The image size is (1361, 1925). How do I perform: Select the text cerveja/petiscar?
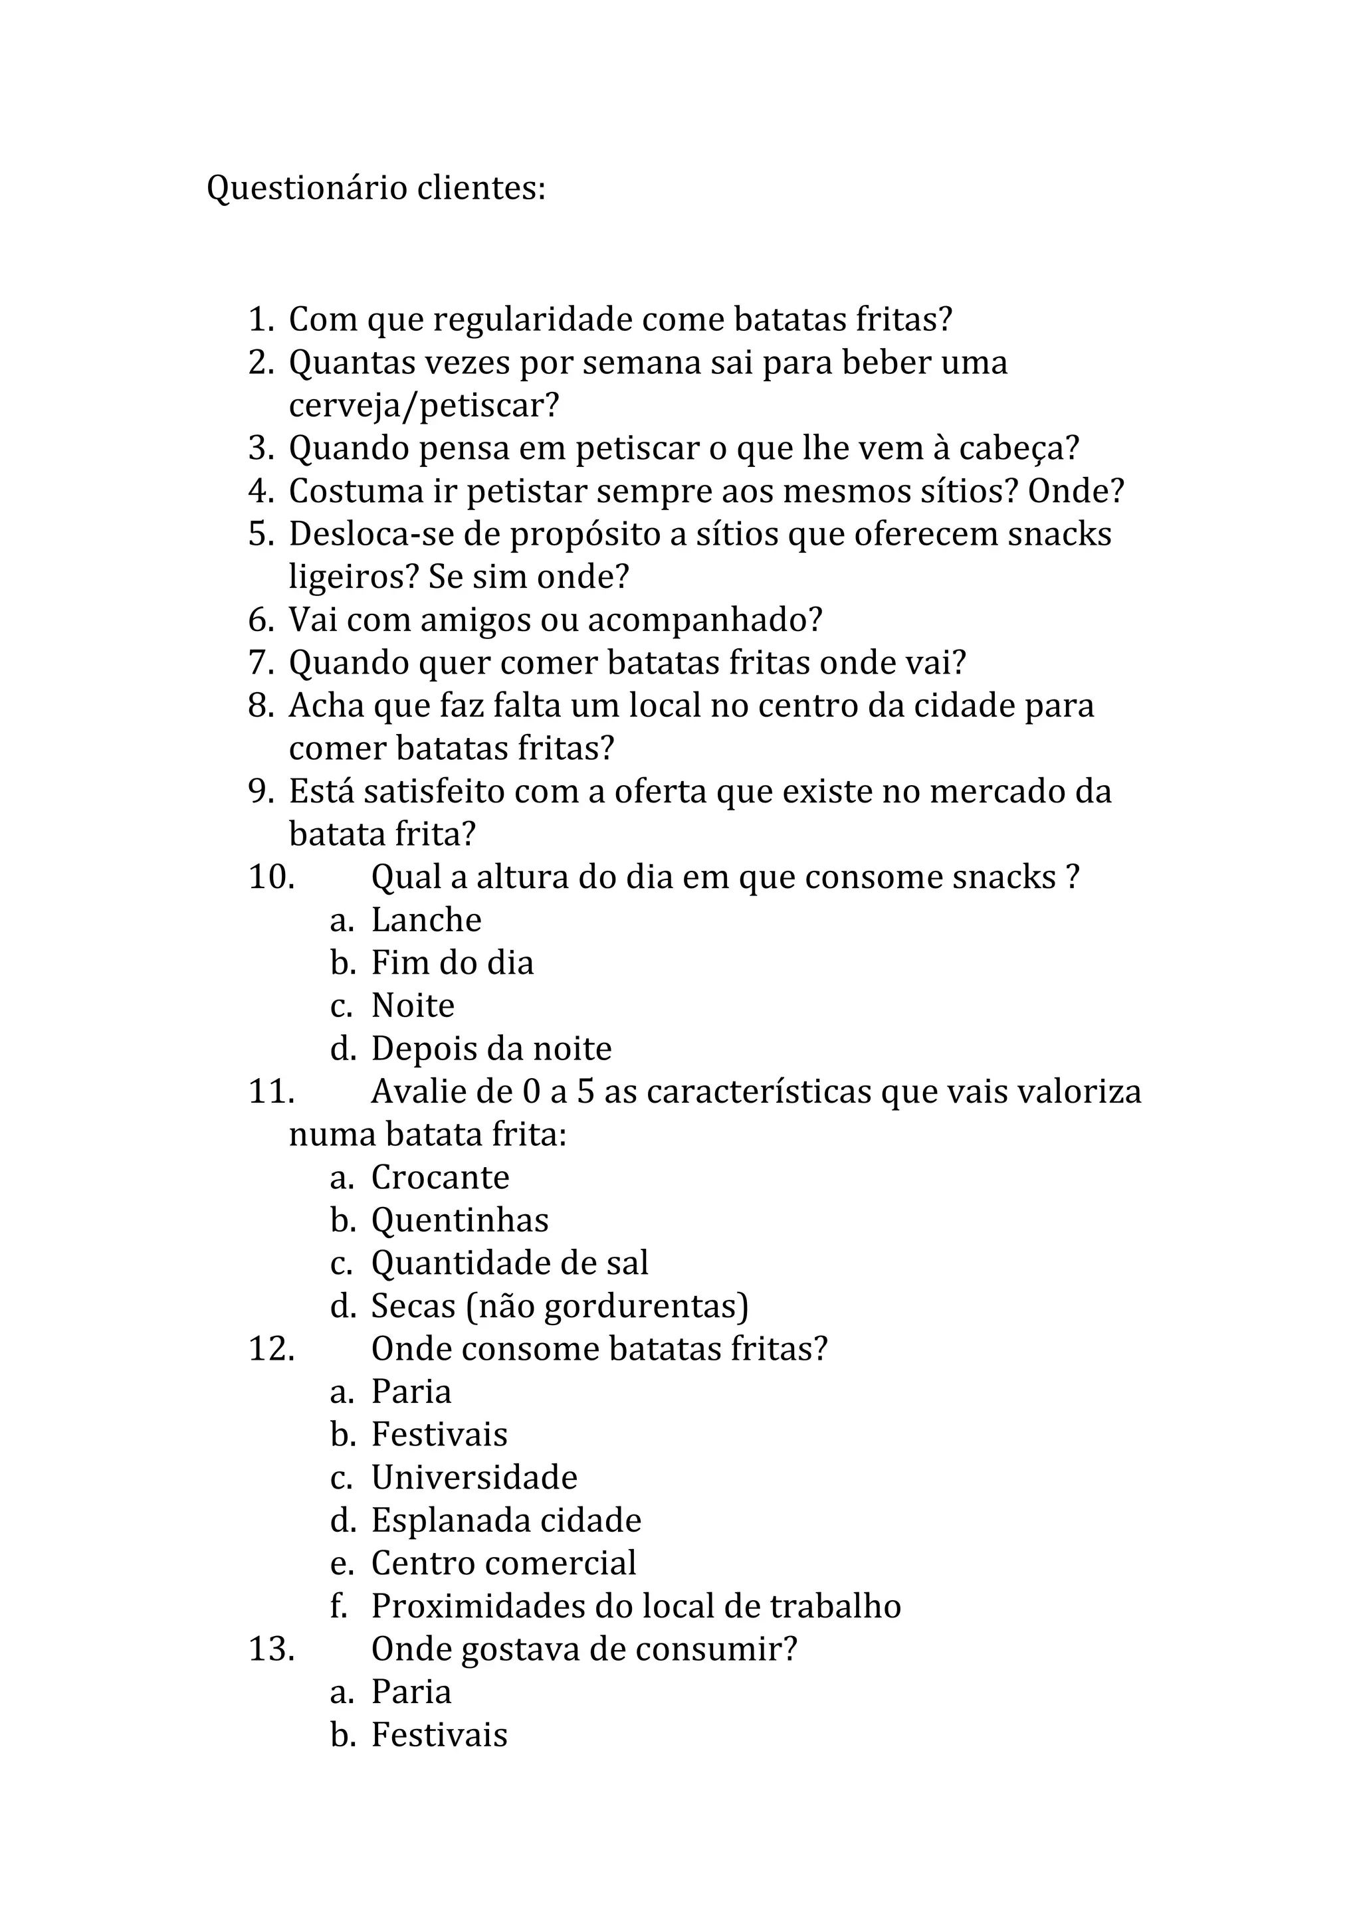point(423,406)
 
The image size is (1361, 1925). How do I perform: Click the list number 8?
point(260,706)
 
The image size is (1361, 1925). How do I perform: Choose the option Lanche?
point(426,921)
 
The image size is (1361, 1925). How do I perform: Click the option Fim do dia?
point(452,963)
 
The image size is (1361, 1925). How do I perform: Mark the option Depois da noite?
point(491,1049)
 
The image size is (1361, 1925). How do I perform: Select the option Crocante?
point(440,1178)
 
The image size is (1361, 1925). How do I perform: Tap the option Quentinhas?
point(459,1221)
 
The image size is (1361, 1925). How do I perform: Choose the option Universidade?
point(474,1477)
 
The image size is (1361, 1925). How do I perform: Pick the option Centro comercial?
point(503,1564)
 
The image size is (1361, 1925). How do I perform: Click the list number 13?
point(271,1649)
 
